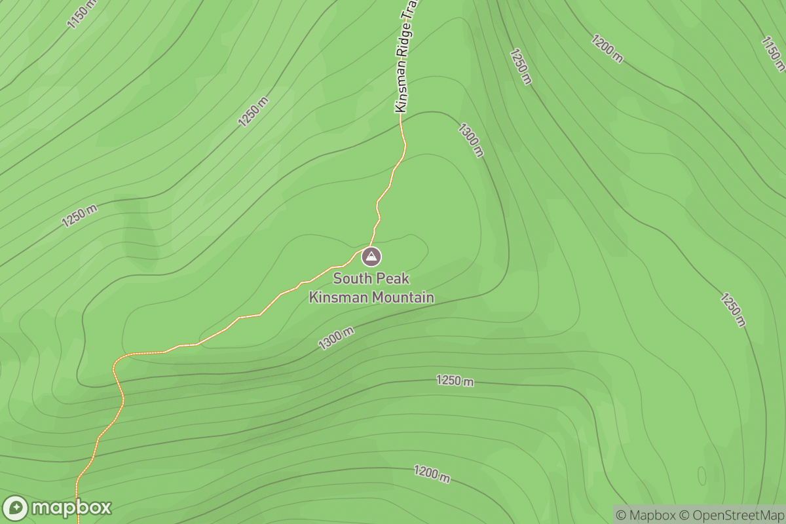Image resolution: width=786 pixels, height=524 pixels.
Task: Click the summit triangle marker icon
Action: click(371, 257)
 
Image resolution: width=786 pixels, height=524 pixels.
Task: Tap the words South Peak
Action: click(371, 278)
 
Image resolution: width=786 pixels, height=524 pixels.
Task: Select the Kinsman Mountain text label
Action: click(371, 297)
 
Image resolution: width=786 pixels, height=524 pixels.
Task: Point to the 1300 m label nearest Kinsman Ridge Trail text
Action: click(471, 140)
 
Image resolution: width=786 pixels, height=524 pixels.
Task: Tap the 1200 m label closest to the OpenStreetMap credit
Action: click(432, 474)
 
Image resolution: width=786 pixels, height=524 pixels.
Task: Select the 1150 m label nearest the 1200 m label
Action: click(773, 52)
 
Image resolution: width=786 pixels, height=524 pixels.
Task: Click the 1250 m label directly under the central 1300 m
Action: click(455, 381)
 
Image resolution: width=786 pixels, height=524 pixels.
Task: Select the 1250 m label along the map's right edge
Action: click(733, 309)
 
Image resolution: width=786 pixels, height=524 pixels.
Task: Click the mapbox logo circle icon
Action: click(16, 508)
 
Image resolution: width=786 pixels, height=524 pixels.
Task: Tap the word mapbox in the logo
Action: click(71, 508)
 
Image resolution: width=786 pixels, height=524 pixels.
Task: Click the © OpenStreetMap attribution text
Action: click(732, 514)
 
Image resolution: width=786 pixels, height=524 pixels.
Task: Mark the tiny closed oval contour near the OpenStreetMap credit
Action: click(702, 476)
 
